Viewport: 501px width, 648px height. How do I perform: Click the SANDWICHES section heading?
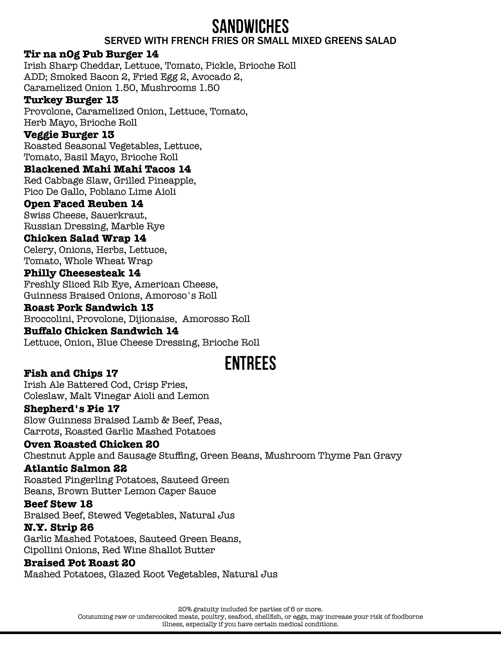pyautogui.click(x=250, y=27)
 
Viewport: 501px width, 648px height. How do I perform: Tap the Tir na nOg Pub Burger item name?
pyautogui.click(x=84, y=54)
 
